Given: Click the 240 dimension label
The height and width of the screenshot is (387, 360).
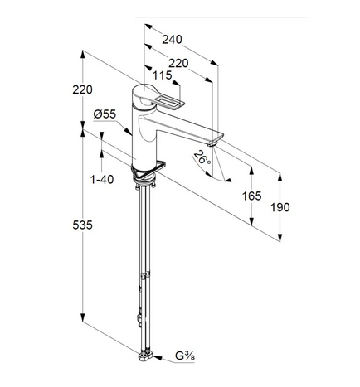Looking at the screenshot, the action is click(x=172, y=40).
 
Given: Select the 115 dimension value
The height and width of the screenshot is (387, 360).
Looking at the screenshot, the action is click(x=163, y=75).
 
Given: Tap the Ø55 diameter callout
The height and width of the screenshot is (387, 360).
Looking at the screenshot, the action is click(x=105, y=114).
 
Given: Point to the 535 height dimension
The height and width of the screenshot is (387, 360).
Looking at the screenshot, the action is click(x=82, y=225).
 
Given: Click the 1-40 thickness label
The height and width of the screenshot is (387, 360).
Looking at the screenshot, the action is click(x=102, y=180).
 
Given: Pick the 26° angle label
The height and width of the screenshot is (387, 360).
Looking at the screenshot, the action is click(x=202, y=157).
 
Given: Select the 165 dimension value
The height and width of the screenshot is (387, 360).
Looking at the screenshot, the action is click(x=251, y=196).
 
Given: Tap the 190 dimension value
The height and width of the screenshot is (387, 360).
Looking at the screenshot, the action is click(x=280, y=207).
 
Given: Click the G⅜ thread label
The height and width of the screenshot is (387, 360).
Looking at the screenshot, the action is click(x=185, y=356).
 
